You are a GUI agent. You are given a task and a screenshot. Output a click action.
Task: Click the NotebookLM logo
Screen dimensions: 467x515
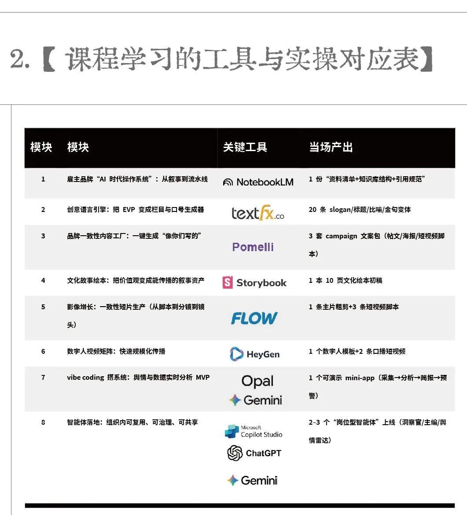point(258,182)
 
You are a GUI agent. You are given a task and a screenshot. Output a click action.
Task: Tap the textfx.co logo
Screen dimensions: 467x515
point(258,212)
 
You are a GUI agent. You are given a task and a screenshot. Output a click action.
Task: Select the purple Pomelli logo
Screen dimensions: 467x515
point(253,247)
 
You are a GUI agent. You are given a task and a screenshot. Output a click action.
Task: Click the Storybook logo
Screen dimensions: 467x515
point(254,282)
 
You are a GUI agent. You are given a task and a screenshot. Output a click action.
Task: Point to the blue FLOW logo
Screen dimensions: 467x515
point(254,318)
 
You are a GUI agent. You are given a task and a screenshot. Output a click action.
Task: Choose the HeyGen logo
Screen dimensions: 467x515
point(255,354)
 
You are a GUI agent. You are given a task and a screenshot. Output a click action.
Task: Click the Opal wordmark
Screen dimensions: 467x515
point(257,381)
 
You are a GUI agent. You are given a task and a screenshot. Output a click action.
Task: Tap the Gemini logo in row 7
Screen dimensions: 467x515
point(255,400)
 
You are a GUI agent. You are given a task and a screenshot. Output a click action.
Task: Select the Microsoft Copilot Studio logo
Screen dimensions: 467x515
point(254,432)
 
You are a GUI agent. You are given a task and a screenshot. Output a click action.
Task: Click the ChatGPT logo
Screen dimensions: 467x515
point(254,453)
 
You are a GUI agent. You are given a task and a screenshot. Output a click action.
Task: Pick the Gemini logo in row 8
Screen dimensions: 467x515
point(252,481)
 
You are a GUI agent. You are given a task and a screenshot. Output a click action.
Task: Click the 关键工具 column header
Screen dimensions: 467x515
point(245,147)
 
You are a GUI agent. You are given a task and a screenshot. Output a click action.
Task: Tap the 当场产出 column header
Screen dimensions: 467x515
point(331,147)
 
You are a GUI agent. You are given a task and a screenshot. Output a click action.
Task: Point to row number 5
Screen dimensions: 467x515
point(43,307)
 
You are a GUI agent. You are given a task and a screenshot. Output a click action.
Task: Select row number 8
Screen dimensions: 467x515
point(43,422)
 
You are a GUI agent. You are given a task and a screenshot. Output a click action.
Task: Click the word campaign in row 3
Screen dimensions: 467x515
point(341,236)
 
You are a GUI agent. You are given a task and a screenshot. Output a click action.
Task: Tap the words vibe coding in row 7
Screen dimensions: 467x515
point(85,378)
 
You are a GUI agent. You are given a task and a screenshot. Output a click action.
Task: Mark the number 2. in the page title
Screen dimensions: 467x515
point(20,59)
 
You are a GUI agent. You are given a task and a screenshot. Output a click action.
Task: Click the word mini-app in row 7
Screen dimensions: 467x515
point(360,378)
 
